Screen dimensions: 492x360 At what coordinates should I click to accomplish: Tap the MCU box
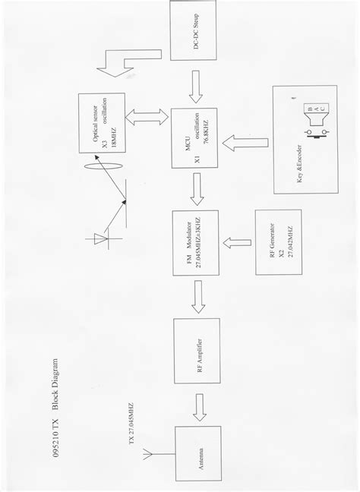tap(195, 140)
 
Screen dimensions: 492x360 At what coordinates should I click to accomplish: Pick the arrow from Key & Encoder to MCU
tap(246, 141)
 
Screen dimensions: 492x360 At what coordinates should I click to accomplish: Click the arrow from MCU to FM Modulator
tap(196, 189)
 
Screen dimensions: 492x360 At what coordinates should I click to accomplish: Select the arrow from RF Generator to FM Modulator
tap(238, 242)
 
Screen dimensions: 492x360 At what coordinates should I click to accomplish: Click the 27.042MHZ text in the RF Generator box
tap(289, 241)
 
